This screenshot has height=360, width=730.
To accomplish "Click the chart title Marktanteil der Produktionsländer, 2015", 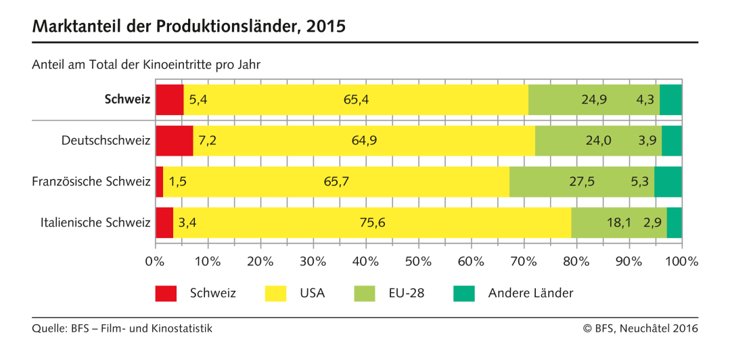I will (x=189, y=26).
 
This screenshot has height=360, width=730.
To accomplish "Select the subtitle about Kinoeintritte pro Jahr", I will (x=146, y=65).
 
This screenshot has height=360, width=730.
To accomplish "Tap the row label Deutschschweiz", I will (x=106, y=141).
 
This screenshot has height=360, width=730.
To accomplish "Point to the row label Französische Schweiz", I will (x=91, y=181).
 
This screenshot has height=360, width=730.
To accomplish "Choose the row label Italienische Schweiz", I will (x=92, y=223).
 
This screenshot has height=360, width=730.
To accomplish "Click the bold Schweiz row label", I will (x=127, y=99).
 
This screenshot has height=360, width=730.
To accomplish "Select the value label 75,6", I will (x=371, y=223).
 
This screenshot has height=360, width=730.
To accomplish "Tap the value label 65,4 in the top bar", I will (x=356, y=99).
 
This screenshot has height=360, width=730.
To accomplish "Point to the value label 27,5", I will (x=583, y=181).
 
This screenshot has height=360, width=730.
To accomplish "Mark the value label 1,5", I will (x=177, y=181).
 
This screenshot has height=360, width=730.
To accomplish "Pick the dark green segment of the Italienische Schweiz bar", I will (x=674, y=223).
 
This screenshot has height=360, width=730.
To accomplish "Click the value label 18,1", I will (x=601, y=223).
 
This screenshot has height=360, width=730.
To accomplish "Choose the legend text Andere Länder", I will (x=530, y=293).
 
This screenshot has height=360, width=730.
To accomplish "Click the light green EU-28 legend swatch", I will (x=364, y=293).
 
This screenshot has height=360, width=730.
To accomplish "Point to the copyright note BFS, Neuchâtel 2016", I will (x=640, y=329).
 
